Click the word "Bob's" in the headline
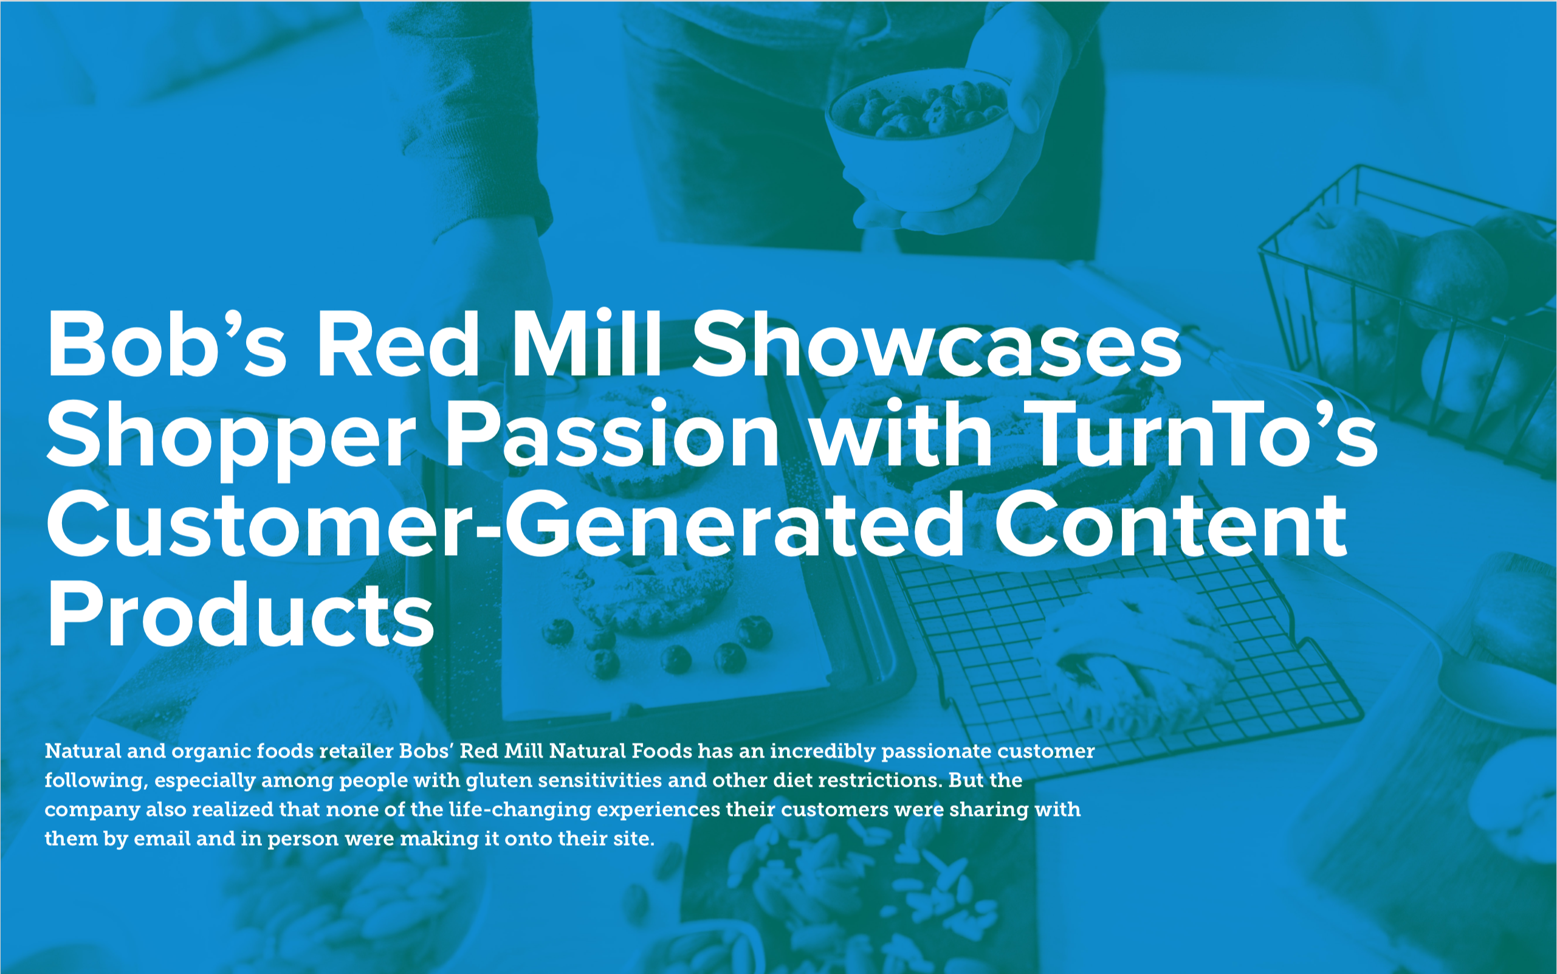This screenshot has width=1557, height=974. [166, 344]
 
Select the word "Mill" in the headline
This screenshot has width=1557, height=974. [586, 343]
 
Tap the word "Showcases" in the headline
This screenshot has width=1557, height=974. [937, 344]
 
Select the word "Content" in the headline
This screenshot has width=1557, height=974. [1170, 523]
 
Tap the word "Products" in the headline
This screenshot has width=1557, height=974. [241, 614]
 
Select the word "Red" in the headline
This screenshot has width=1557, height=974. [397, 344]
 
